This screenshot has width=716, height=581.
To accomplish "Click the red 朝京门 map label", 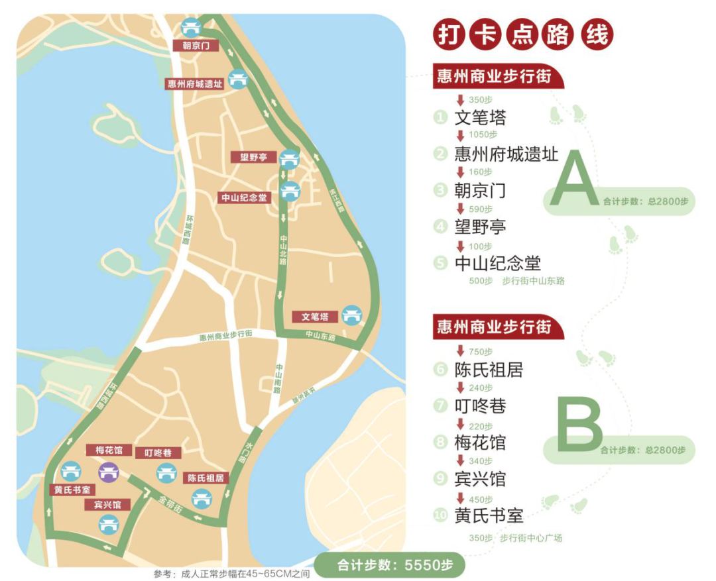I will coord(192,46).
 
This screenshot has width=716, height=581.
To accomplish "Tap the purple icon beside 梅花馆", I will coord(109,472).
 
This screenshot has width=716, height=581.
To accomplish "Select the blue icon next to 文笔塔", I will coord(350,315).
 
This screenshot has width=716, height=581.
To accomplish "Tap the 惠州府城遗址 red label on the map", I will coord(194,83).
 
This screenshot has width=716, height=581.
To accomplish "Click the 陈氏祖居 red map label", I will coord(204,478).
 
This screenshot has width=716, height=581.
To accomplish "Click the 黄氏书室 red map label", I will coord(72,490).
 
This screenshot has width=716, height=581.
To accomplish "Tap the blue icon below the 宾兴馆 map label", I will coord(107,525).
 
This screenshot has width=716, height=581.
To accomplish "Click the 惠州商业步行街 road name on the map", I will coord(225,337).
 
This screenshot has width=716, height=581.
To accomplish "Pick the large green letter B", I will coord(579,423).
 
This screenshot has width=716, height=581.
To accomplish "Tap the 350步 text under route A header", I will coord(480,99).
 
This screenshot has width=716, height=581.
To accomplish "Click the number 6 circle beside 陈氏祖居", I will coord(440,370).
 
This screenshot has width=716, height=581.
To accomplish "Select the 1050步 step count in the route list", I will coord(482,135).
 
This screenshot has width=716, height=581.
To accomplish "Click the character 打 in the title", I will coord(449,35).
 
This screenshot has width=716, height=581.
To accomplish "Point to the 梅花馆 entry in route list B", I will coord(480,443).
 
